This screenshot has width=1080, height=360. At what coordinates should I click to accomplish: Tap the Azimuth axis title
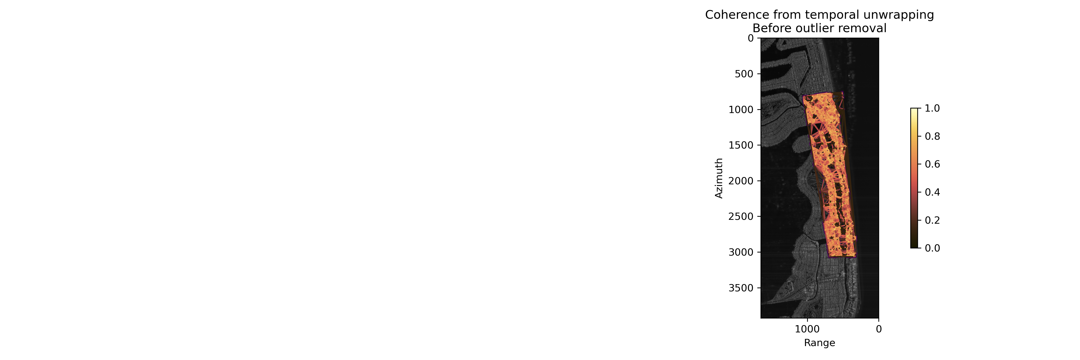719,178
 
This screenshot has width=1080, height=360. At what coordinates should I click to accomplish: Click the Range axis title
820,343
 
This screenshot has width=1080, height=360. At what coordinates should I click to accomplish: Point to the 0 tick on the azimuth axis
750,38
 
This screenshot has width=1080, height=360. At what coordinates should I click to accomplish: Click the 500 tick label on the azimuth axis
744,74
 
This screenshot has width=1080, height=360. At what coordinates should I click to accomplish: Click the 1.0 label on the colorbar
932,108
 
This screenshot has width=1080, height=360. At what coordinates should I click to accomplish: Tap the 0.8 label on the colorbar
932,136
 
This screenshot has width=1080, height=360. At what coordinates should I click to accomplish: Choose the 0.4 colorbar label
932,192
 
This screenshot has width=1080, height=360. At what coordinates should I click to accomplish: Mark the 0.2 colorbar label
932,220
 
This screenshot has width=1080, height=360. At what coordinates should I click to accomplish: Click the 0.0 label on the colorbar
932,248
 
